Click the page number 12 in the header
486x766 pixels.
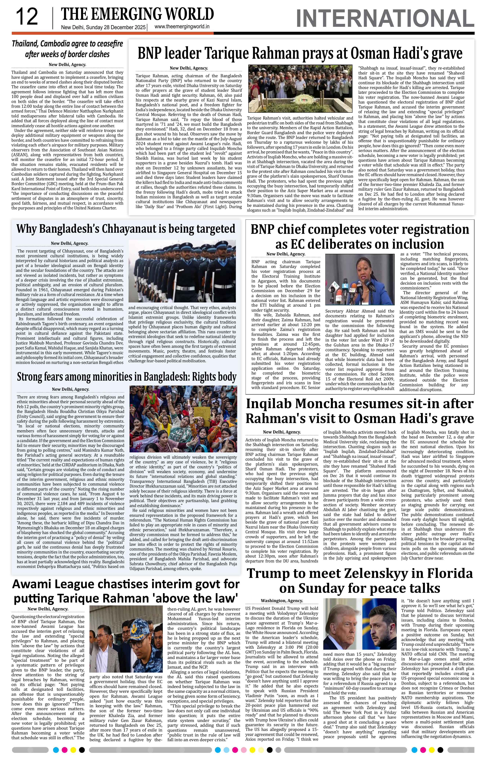[27, 17]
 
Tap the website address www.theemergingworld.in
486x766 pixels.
[182, 27]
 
